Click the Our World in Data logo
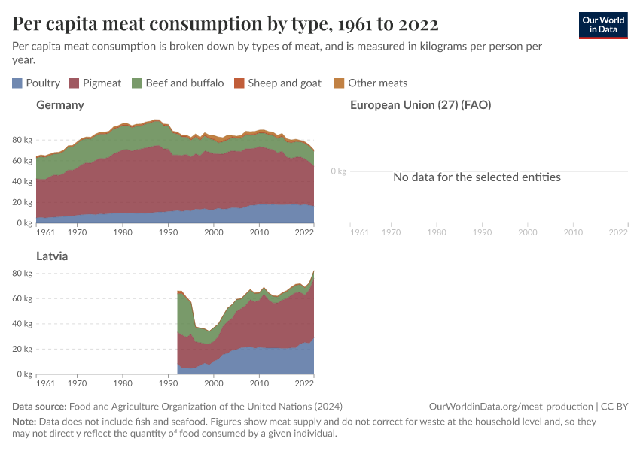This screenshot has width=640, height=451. pos(602,25)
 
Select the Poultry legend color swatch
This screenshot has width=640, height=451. pos(17,83)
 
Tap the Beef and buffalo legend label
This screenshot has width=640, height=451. pos(184,83)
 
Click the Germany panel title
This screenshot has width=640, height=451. pos(60,105)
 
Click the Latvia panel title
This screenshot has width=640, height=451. pos(53,256)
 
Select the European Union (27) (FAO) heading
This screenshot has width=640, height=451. pos(421,105)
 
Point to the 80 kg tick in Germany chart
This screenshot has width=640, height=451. pos(22,140)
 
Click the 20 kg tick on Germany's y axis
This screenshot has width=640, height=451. pos(22,202)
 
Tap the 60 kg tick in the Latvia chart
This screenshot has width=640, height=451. pos(22,298)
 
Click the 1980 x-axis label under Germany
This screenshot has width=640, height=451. pos(123,233)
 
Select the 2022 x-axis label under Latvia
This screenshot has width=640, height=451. pos(304,383)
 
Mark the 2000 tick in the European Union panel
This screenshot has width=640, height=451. pos(527,233)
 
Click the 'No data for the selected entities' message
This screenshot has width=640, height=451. pos(477,177)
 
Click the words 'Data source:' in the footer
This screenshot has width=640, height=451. pos(39,407)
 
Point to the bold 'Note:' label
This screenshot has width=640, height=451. pos(25,422)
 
